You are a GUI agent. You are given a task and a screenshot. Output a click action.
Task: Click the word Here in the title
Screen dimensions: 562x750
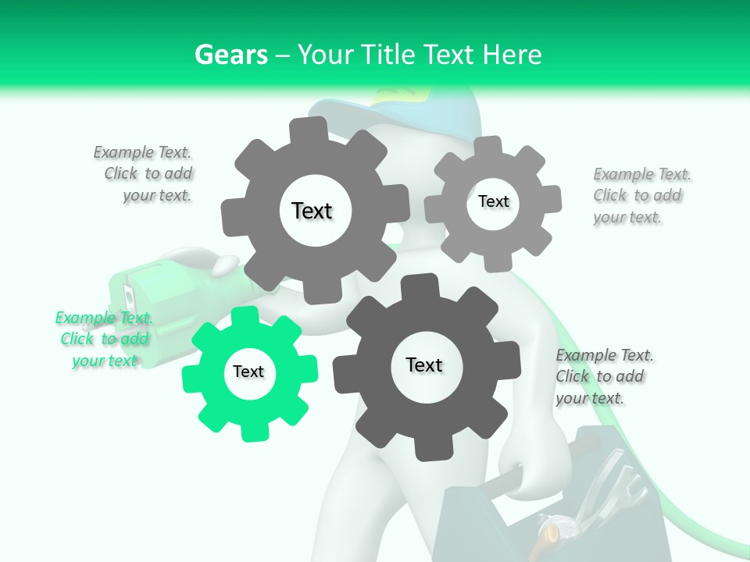pos(512,55)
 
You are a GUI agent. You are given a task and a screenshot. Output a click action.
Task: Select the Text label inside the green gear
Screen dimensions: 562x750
pos(248,372)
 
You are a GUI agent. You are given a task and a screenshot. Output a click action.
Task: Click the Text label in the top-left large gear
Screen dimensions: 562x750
pos(312,211)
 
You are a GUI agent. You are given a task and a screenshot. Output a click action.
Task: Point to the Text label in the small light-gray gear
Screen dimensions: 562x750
pos(493,201)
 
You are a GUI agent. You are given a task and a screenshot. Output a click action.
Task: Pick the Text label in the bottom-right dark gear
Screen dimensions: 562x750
pos(424,365)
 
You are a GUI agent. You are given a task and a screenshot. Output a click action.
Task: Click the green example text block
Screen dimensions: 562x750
pos(105,339)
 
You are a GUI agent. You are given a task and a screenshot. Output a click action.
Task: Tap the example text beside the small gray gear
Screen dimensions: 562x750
pos(641,195)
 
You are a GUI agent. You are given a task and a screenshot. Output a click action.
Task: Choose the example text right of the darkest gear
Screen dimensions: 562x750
pos(603,376)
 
